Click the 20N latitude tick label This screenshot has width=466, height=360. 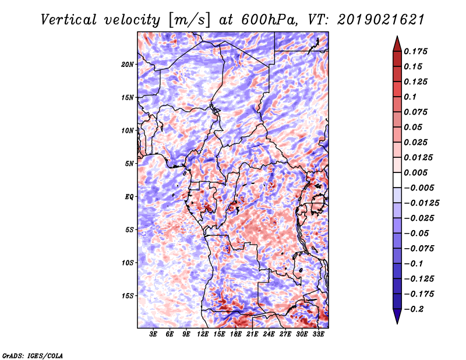(128, 64)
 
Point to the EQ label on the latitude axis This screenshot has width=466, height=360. (129, 196)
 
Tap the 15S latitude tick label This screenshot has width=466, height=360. (128, 295)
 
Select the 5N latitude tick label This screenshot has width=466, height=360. (129, 163)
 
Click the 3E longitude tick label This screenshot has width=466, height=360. (154, 335)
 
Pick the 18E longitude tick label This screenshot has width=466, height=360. (236, 335)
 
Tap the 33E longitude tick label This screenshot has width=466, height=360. (319, 335)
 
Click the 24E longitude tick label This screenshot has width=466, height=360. (269, 335)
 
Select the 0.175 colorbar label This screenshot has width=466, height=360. (417, 51)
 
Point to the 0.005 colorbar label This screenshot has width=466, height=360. (417, 172)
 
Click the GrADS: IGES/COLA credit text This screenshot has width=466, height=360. (33, 355)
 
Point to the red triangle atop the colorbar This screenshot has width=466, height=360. (396, 41)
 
